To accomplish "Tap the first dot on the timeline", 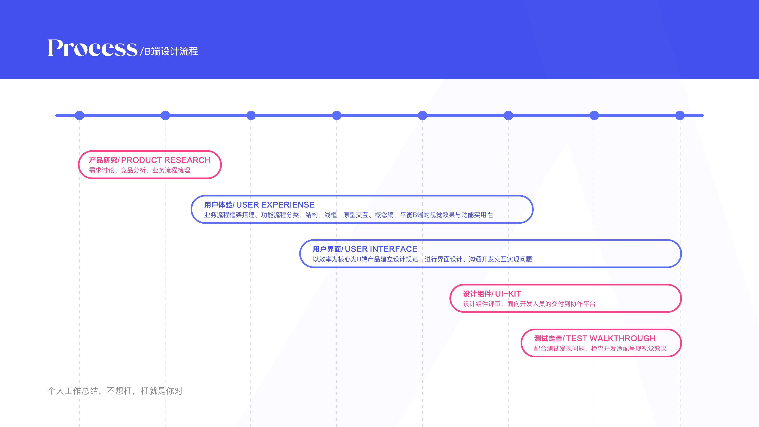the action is point(79,115).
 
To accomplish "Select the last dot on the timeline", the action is point(680,115).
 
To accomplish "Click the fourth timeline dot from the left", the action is point(336,115).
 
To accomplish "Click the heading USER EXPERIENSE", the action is point(275,204).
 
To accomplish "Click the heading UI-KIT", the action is point(508,294).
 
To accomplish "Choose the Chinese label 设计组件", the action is point(477,294).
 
